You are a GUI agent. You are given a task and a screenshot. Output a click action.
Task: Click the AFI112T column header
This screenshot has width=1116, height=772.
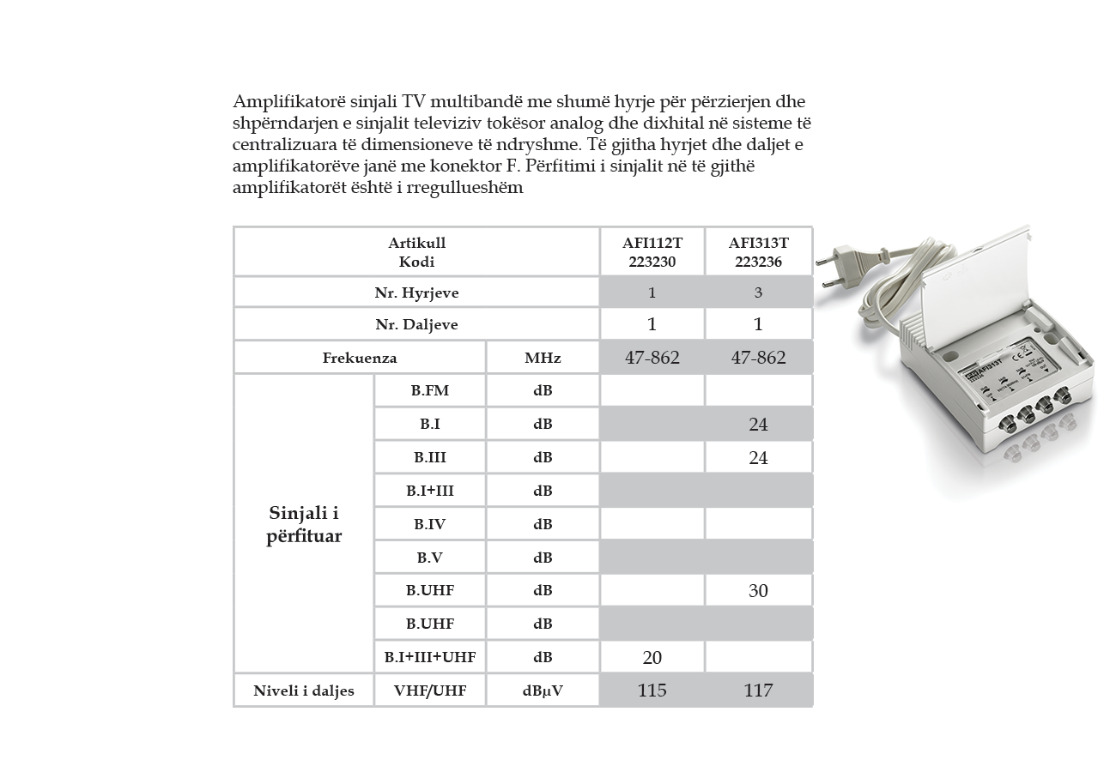pyautogui.click(x=652, y=252)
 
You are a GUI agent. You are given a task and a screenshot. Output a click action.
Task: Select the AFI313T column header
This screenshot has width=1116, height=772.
pyautogui.click(x=758, y=252)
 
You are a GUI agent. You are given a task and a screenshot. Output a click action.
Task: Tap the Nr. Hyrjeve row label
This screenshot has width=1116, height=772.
pyautogui.click(x=416, y=293)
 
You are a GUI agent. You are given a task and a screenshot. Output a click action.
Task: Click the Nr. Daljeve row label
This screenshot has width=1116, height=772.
pyautogui.click(x=416, y=324)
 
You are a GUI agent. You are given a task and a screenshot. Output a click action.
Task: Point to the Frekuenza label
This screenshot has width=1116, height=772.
pyautogui.click(x=360, y=358)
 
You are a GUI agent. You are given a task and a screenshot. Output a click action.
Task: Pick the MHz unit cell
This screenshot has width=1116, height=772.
pyautogui.click(x=543, y=358)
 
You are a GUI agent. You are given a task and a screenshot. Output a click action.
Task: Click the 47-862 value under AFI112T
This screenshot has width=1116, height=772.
pyautogui.click(x=652, y=358)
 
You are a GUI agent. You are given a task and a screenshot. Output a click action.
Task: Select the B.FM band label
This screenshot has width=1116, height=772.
pyautogui.click(x=429, y=391)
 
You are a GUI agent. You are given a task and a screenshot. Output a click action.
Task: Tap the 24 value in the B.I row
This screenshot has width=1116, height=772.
pyautogui.click(x=758, y=425)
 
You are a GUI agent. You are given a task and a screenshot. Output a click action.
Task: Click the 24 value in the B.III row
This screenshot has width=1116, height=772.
pyautogui.click(x=758, y=458)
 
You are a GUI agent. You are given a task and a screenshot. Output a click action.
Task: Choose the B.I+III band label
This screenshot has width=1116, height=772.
pyautogui.click(x=429, y=491)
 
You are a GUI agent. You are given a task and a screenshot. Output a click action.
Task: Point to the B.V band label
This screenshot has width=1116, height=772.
pyautogui.click(x=429, y=558)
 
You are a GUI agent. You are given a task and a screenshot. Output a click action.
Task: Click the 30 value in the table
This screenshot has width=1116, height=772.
pyautogui.click(x=758, y=591)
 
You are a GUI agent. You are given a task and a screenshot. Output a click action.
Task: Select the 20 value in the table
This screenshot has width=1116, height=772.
pyautogui.click(x=652, y=658)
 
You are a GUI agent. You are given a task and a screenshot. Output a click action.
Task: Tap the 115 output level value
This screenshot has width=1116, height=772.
pyautogui.click(x=652, y=691)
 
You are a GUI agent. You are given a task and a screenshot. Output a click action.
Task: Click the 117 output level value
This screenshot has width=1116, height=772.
pyautogui.click(x=758, y=691)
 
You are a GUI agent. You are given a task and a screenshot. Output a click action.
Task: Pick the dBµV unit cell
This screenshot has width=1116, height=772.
pyautogui.click(x=543, y=691)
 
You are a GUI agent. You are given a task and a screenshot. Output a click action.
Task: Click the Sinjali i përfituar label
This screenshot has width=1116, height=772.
pyautogui.click(x=304, y=524)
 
